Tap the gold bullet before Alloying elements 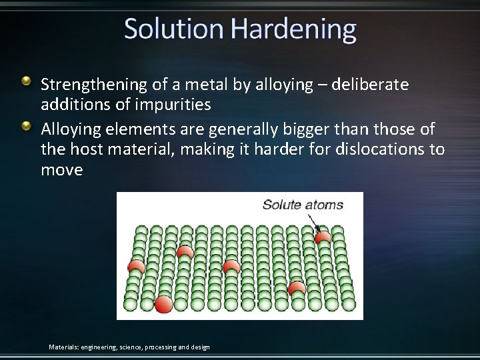click(x=27, y=125)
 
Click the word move click(x=62, y=170)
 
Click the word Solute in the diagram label click(x=283, y=205)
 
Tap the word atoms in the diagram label click(x=324, y=205)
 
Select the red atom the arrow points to click(x=323, y=236)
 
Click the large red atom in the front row click(x=163, y=304)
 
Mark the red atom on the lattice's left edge click(x=137, y=266)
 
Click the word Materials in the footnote click(x=63, y=347)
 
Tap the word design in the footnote click(x=199, y=347)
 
